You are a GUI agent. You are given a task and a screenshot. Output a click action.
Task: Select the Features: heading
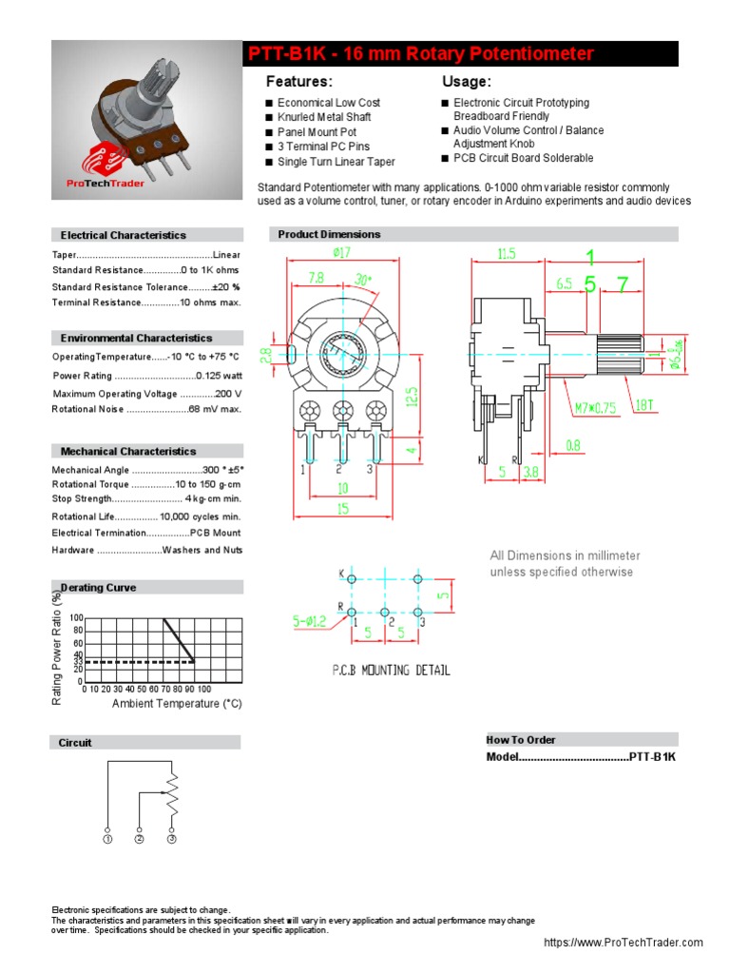click(298, 82)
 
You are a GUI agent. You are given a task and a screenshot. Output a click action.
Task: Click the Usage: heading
click(467, 82)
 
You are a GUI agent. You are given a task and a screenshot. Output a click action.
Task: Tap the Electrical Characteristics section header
click(124, 235)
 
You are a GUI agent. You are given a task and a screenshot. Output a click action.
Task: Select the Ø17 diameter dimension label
click(343, 252)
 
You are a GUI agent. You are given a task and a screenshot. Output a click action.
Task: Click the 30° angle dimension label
click(363, 280)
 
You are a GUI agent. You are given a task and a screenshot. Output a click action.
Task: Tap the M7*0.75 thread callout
click(594, 409)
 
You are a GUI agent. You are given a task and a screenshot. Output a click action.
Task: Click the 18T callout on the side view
click(644, 405)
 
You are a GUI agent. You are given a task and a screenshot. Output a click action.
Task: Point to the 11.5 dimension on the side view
click(506, 253)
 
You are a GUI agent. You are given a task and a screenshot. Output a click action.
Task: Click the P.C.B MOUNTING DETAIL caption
click(391, 670)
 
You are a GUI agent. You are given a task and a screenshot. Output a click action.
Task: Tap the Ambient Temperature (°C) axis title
click(177, 704)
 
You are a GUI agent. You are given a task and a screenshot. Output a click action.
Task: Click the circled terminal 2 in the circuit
click(139, 840)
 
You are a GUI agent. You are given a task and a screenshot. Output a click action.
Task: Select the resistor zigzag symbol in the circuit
click(172, 792)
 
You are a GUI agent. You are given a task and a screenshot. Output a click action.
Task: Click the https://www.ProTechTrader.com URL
click(623, 943)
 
